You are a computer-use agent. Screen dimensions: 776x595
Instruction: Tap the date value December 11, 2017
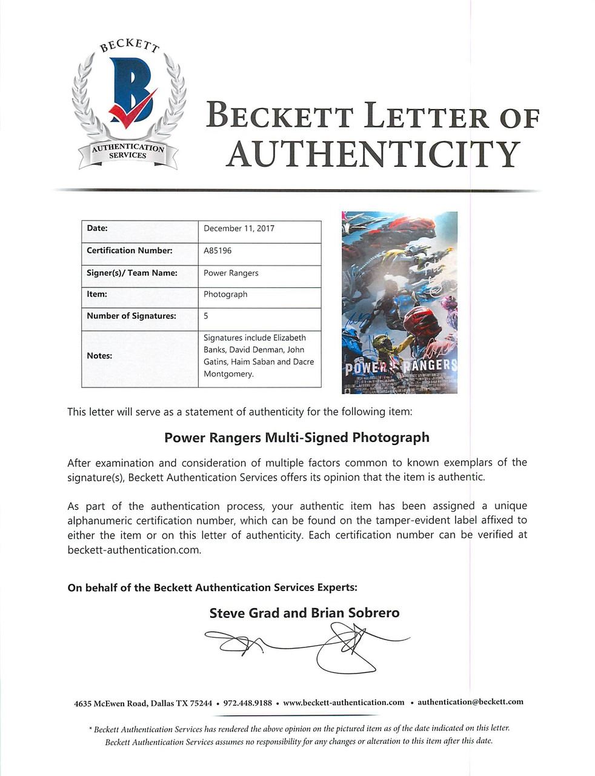[x=239, y=229]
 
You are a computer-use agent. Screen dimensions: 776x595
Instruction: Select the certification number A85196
[x=218, y=250]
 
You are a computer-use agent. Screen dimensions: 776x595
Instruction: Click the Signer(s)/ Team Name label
[x=132, y=273]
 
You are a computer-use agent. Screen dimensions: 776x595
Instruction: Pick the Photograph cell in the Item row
[x=225, y=294]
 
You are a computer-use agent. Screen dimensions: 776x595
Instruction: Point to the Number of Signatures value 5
[x=206, y=316]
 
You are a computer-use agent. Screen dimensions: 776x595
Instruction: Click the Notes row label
[x=99, y=355]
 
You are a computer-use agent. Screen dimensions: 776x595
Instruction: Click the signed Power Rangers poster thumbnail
[x=399, y=302]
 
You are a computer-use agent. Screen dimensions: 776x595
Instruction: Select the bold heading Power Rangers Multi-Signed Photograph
[x=297, y=437]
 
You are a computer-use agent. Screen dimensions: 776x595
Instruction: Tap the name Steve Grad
[x=244, y=613]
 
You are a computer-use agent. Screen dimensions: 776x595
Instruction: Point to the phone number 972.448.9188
[x=247, y=703]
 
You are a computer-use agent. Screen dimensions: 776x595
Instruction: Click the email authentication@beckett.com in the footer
[x=470, y=702]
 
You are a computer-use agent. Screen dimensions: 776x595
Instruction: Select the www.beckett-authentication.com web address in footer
[x=344, y=703]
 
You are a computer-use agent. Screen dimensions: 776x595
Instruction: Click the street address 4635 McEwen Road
[x=110, y=703]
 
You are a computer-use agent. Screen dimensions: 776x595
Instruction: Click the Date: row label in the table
[x=97, y=229]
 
